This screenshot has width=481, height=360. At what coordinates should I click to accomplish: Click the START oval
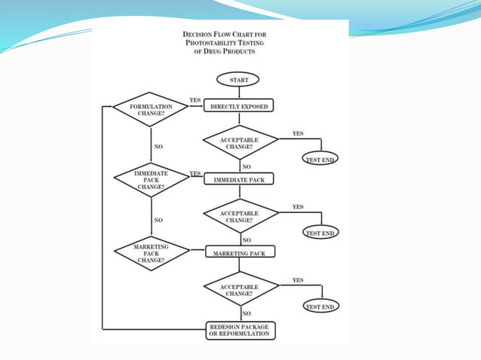click(239, 78)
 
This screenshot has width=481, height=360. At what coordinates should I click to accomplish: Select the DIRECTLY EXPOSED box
click(239, 107)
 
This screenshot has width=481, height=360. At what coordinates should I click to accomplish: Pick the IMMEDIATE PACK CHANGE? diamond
click(151, 179)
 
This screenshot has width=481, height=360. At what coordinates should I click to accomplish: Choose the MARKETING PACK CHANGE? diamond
click(151, 252)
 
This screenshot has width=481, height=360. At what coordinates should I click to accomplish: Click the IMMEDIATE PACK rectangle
click(239, 180)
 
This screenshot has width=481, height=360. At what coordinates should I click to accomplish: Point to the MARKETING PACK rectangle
click(239, 253)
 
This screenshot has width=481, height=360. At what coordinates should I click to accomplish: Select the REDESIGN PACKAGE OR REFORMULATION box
click(239, 330)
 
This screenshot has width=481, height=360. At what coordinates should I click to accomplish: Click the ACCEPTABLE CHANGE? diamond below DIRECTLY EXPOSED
click(240, 142)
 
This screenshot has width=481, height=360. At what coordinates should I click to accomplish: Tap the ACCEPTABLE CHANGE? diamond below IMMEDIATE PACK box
click(240, 216)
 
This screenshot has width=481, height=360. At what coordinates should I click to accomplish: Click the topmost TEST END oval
click(321, 159)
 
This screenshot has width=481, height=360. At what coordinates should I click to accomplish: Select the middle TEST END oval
click(321, 233)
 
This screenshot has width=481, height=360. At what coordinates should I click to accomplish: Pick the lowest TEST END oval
click(321, 307)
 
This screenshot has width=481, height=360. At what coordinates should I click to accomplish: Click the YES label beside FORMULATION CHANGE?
click(195, 100)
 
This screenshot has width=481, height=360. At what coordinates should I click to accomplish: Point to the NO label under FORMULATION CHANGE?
click(158, 146)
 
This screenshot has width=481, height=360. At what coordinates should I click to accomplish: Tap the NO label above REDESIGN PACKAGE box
click(247, 313)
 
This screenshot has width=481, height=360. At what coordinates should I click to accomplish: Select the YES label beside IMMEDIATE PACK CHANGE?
click(195, 173)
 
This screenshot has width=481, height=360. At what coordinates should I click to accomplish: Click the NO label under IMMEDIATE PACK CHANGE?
click(158, 220)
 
